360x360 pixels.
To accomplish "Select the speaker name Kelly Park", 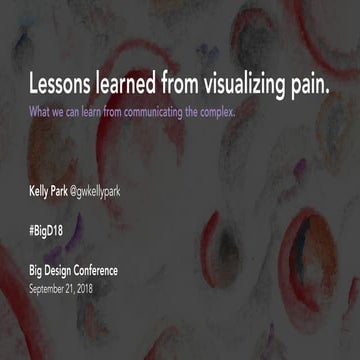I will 51,189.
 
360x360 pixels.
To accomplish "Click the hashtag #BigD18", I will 48,229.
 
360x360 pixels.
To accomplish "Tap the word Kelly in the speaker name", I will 41,189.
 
